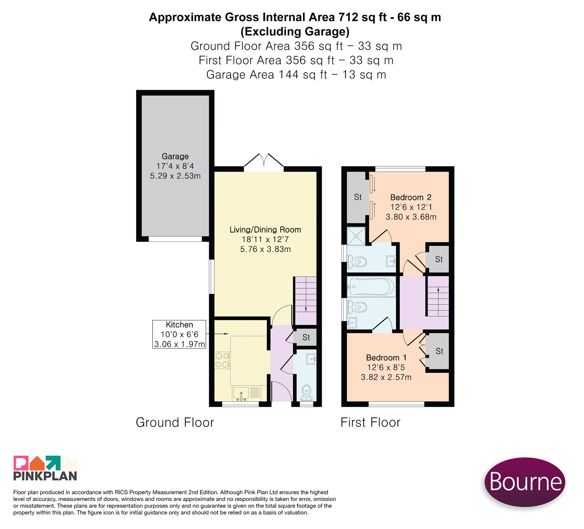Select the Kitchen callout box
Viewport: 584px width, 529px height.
click(179, 334)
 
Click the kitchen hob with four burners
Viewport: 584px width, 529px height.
click(222, 360)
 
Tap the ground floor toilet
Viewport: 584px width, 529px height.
click(307, 392)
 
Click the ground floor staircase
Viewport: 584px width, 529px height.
click(306, 301)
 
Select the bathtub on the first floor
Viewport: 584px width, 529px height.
click(371, 286)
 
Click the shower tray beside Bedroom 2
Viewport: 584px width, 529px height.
click(356, 236)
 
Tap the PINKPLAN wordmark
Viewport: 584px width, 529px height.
click(45, 476)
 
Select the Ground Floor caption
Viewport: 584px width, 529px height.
click(175, 422)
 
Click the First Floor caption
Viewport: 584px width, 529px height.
click(370, 422)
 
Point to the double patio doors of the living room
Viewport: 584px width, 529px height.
click(264, 162)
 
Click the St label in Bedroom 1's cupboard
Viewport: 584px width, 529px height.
click(439, 351)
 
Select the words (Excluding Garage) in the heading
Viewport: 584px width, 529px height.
click(295, 32)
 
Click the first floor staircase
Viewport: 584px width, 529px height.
click(438, 296)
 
